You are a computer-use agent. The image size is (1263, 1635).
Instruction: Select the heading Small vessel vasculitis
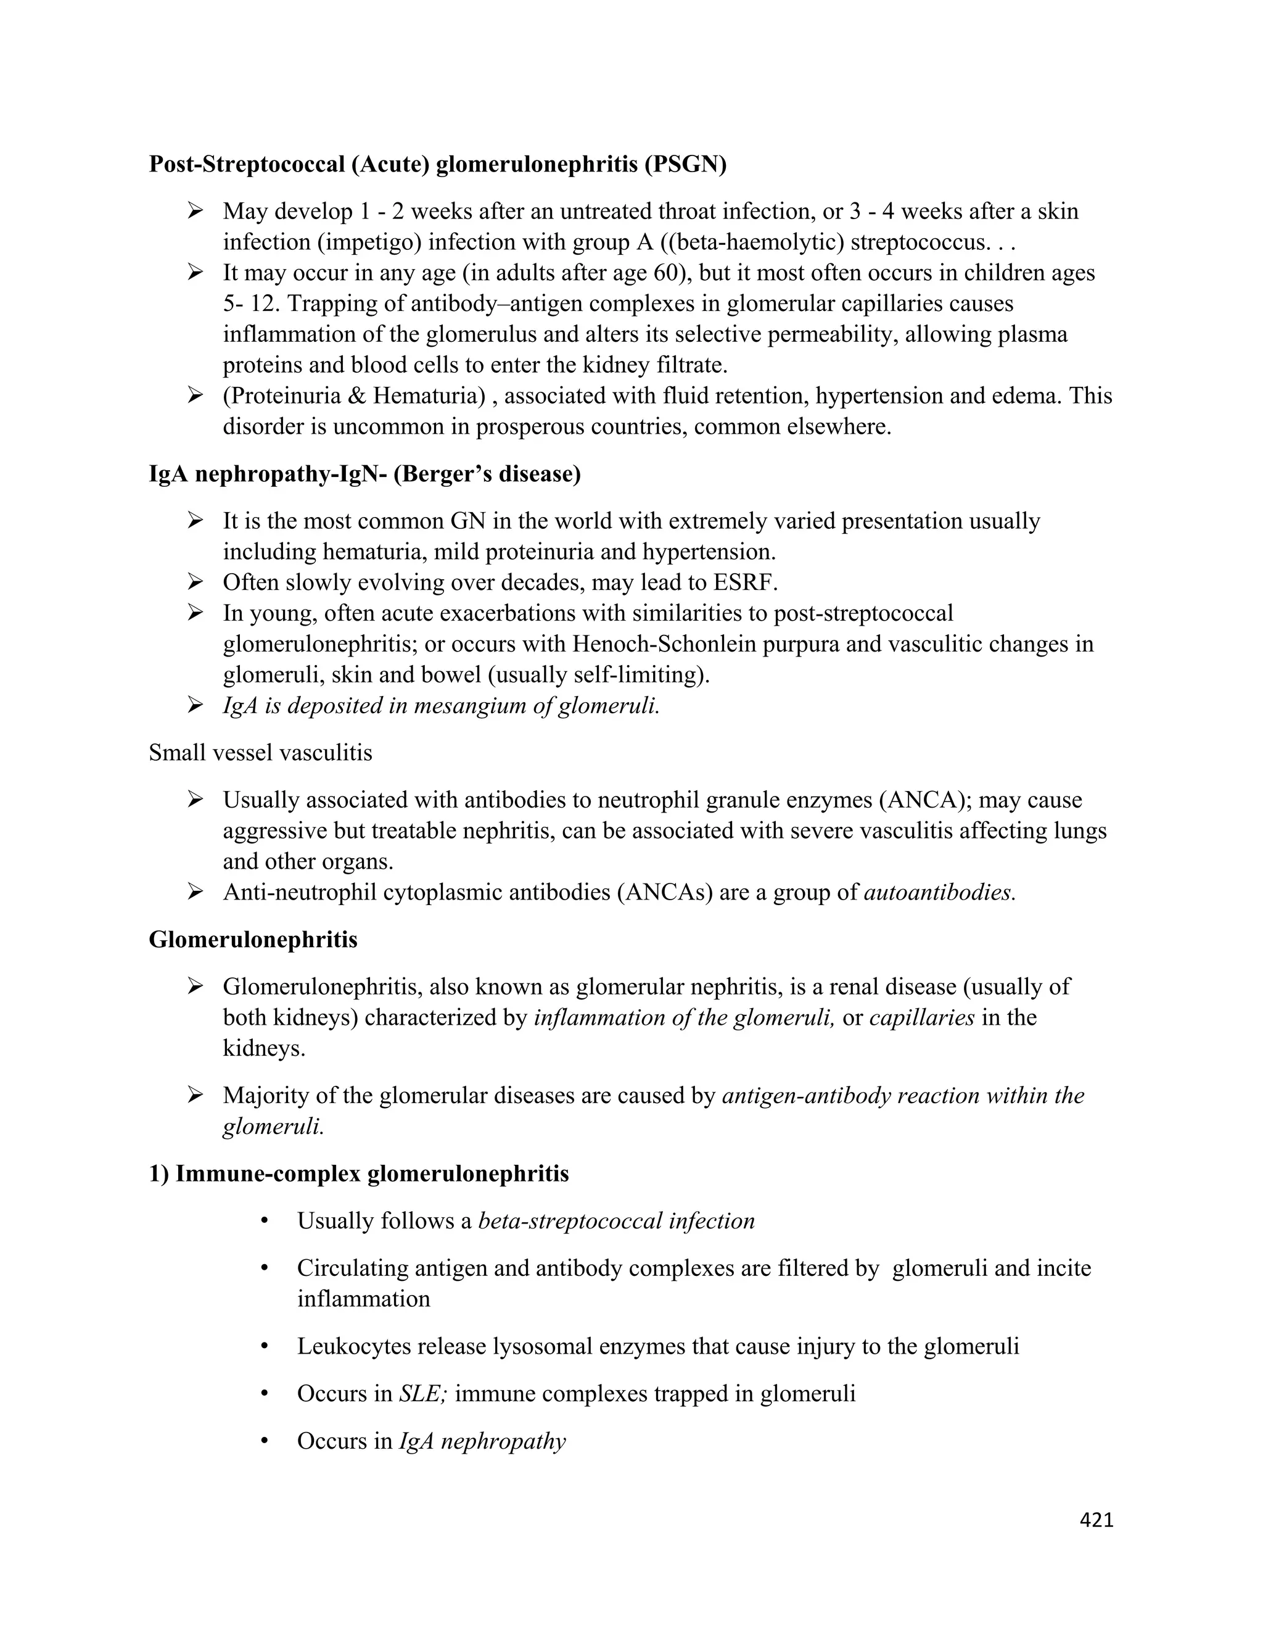click(260, 752)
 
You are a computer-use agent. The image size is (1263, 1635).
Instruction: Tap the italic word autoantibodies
click(939, 892)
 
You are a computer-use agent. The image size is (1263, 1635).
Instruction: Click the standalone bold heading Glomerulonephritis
click(253, 939)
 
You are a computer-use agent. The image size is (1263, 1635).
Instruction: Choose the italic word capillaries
click(922, 1017)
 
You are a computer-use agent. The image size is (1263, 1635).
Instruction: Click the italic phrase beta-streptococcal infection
click(617, 1221)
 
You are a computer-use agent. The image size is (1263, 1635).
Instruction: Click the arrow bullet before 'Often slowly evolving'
click(196, 582)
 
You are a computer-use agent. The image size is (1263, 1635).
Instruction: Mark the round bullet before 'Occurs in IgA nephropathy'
click(264, 1441)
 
